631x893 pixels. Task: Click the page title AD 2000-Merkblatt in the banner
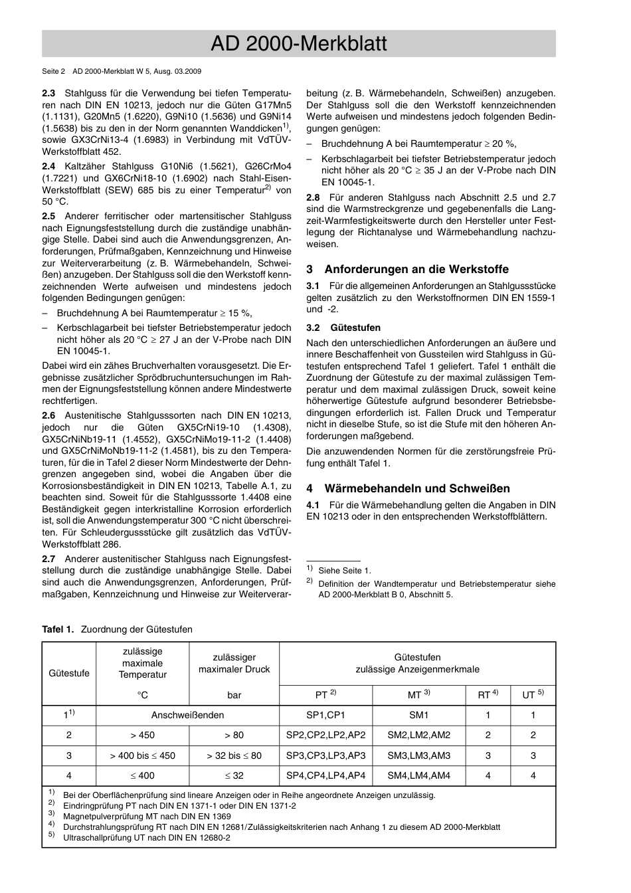pyautogui.click(x=298, y=44)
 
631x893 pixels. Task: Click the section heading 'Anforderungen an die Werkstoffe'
pyautogui.click(x=416, y=269)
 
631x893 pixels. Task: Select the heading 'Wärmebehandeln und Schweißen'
pyautogui.click(x=416, y=488)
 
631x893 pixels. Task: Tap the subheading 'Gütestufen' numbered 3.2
pyautogui.click(x=355, y=328)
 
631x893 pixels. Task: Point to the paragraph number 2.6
pyautogui.click(x=48, y=416)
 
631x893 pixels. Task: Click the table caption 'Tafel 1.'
pyautogui.click(x=58, y=629)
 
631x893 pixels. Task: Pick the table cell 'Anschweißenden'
pyautogui.click(x=187, y=715)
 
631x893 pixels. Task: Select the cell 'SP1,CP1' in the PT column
pyautogui.click(x=325, y=715)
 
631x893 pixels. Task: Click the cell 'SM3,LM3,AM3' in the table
pyautogui.click(x=418, y=755)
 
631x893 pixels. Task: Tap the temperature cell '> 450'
pyautogui.click(x=143, y=735)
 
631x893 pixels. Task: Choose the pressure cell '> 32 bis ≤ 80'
pyautogui.click(x=234, y=755)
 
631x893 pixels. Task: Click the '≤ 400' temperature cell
pyautogui.click(x=143, y=775)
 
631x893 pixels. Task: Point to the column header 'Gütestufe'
pyautogui.click(x=69, y=673)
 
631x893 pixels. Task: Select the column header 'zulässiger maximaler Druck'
pyautogui.click(x=234, y=663)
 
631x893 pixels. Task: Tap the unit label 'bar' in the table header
pyautogui.click(x=234, y=695)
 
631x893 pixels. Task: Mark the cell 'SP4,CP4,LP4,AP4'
pyautogui.click(x=325, y=775)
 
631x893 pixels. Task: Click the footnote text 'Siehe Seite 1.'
pyautogui.click(x=344, y=570)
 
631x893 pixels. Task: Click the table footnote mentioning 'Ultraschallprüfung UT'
pyautogui.click(x=146, y=837)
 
